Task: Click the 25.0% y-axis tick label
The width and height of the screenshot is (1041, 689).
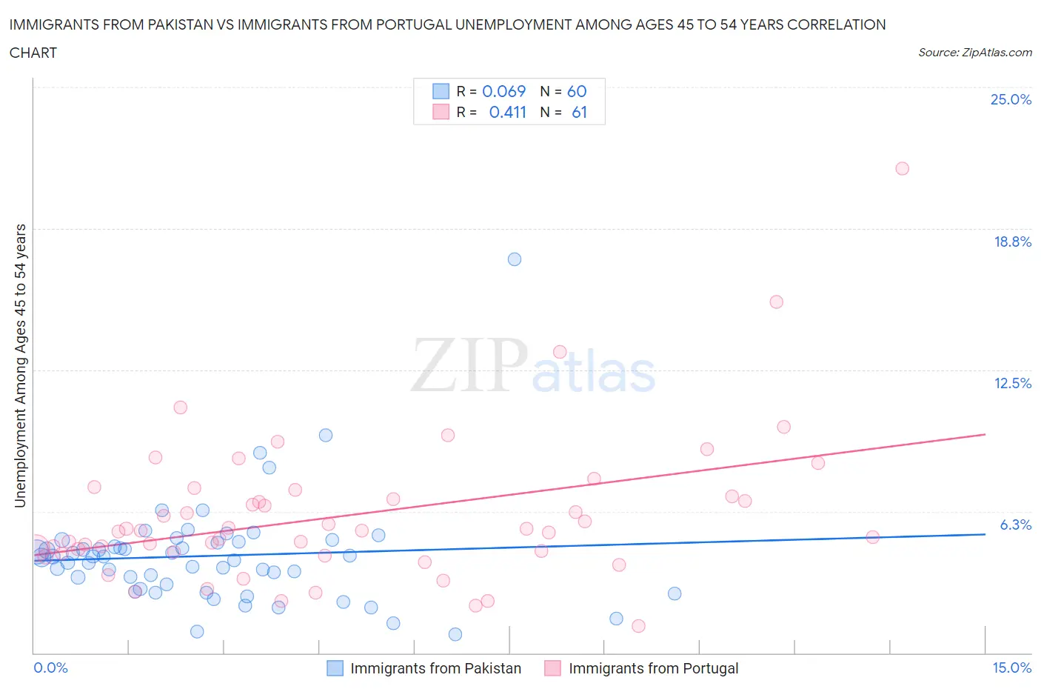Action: click(1011, 99)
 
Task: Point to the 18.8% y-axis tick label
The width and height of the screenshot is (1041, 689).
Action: click(1012, 242)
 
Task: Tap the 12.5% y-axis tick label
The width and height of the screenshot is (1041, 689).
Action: click(1012, 383)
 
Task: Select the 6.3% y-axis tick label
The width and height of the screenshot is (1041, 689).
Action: click(1015, 525)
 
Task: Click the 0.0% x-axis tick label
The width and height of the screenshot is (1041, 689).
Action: click(50, 668)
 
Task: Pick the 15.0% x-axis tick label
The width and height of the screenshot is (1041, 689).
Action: click(1011, 668)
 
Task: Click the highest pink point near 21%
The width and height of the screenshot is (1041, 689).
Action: click(902, 168)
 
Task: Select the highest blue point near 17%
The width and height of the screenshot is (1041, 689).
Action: click(515, 259)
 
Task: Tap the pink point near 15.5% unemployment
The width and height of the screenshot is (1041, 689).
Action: click(776, 302)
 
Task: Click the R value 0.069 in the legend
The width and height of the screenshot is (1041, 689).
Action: click(503, 91)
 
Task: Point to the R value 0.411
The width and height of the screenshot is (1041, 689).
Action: click(507, 112)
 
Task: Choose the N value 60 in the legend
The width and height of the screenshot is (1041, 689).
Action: click(576, 91)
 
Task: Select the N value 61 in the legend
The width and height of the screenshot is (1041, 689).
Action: click(579, 112)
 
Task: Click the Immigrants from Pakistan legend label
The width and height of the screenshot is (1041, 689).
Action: click(435, 668)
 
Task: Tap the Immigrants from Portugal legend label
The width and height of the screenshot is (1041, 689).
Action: click(653, 668)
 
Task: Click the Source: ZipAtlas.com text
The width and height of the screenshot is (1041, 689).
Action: click(974, 53)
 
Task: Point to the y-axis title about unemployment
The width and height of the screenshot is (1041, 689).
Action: click(21, 365)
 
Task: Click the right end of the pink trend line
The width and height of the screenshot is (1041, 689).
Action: click(985, 434)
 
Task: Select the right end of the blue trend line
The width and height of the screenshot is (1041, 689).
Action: click(985, 534)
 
